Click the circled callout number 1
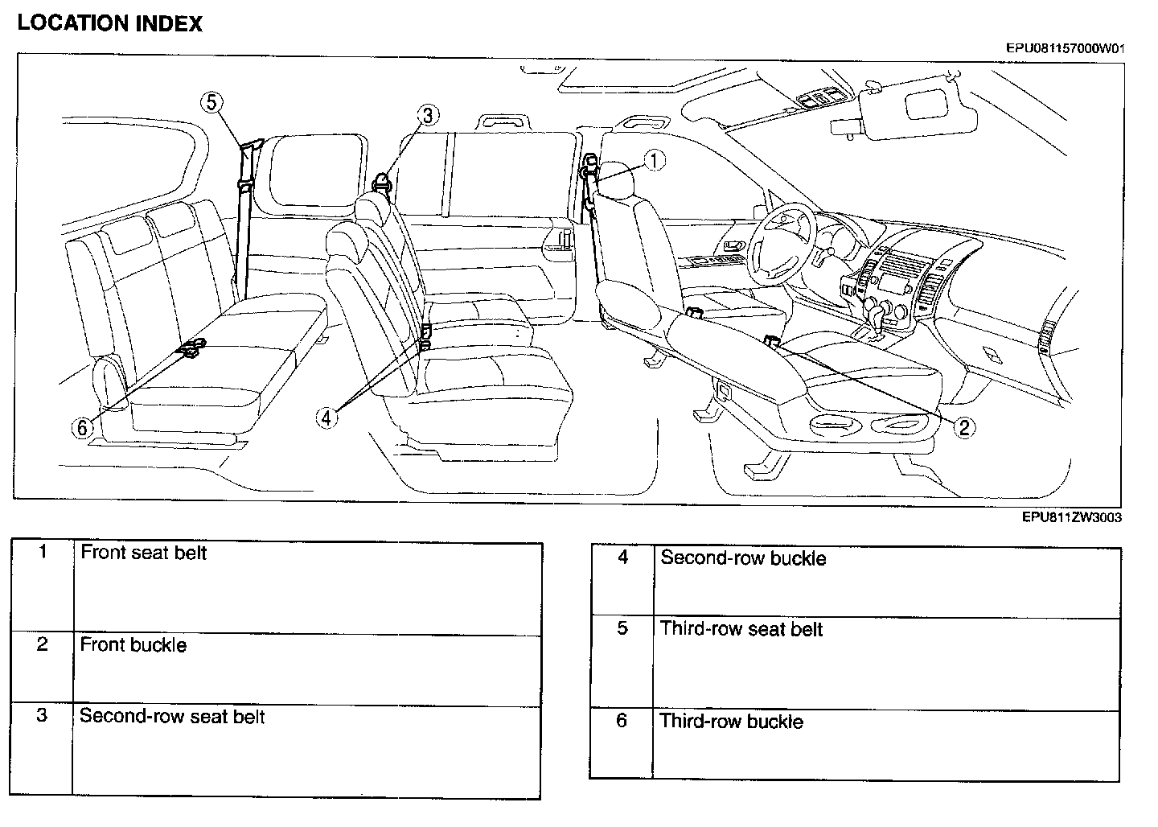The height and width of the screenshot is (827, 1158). pos(655,160)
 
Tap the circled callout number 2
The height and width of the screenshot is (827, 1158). pos(964,426)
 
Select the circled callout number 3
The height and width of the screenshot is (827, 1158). pos(428,116)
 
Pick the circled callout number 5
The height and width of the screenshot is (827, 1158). pos(211,102)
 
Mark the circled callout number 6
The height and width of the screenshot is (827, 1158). pos(82,427)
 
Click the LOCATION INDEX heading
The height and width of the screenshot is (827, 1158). pos(109,23)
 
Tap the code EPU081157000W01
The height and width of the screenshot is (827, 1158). pos(1065,47)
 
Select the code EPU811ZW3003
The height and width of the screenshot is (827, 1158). pos(1071,517)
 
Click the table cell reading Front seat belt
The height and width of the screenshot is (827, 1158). pos(144,553)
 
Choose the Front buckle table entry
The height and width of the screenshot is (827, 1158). pos(133,645)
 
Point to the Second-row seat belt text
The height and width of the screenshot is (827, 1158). pos(172,717)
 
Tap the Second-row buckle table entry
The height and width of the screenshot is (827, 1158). pos(743,558)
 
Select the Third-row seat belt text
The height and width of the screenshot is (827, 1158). pos(741,629)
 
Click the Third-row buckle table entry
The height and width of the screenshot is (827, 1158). pos(731,722)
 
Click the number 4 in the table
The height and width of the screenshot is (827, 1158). pos(622,557)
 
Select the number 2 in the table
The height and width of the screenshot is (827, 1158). pos(43,644)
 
